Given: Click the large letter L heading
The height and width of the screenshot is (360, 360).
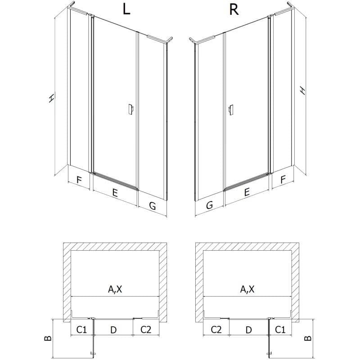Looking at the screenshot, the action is pyautogui.click(x=126, y=9).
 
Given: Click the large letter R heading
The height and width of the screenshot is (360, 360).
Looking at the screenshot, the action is pyautogui.click(x=234, y=10).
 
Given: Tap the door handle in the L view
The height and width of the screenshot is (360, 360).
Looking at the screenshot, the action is pyautogui.click(x=130, y=109).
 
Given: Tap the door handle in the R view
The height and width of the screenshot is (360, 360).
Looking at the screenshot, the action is pyautogui.click(x=231, y=110).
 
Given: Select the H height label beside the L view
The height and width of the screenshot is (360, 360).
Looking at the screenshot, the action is pyautogui.click(x=52, y=98).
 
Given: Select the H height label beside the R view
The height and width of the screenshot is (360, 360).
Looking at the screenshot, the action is pyautogui.click(x=303, y=90).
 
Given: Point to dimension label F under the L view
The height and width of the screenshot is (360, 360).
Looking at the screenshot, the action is pyautogui.click(x=79, y=180).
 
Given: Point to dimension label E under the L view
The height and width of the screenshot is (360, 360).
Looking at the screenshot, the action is pyautogui.click(x=115, y=193).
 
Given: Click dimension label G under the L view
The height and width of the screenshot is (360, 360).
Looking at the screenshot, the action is pyautogui.click(x=153, y=206).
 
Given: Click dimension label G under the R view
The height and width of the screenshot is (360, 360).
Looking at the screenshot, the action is pyautogui.click(x=209, y=205).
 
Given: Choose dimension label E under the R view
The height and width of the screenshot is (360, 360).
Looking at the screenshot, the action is pyautogui.click(x=247, y=192).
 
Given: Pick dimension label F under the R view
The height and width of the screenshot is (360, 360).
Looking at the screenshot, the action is pyautogui.click(x=283, y=180).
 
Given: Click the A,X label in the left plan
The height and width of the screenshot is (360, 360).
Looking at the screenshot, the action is pyautogui.click(x=115, y=289).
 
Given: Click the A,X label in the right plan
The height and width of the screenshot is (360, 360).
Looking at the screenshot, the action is pyautogui.click(x=247, y=289).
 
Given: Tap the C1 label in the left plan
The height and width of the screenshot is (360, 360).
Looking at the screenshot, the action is pyautogui.click(x=81, y=330).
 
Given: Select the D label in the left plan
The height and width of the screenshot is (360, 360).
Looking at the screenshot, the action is pyautogui.click(x=113, y=330).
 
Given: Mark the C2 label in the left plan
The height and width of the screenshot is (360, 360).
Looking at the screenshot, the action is pyautogui.click(x=146, y=330).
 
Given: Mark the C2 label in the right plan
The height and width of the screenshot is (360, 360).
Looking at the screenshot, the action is pyautogui.click(x=216, y=330).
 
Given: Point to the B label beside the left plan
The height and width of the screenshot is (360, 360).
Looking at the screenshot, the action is pyautogui.click(x=48, y=338).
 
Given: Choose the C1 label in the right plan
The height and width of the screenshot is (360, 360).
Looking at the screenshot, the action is pyautogui.click(x=280, y=330).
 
